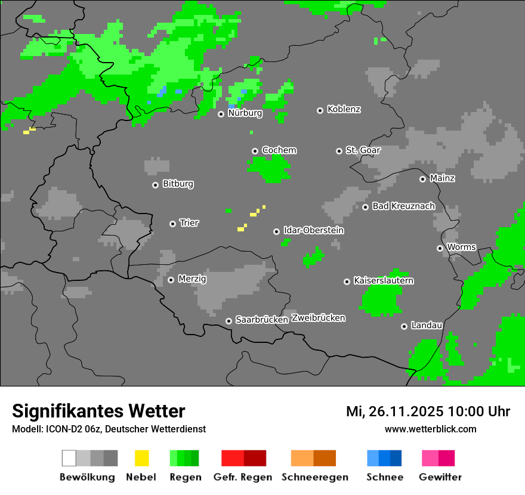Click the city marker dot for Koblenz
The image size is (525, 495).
coord(320,110)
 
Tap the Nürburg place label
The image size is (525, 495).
coord(245,113)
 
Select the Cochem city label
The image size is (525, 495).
coord(279,150)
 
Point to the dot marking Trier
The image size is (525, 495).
coord(172,224)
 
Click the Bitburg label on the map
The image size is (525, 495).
coord(178,184)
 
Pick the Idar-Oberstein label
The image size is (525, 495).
coord(314,230)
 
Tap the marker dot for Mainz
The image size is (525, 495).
coord(422,179)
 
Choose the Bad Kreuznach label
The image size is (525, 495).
coord(403,206)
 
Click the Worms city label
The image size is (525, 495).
coord(461,247)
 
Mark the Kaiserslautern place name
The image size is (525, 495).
coord(384,280)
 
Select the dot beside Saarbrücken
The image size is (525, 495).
coord(228,321)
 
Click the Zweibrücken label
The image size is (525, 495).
coord(318,318)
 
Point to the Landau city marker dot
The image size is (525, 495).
coord(404,326)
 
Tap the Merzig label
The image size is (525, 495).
coord(192,279)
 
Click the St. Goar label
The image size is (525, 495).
coord(363,150)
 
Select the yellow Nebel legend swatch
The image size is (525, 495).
coord(141,458)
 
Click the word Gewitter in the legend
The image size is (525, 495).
coord(440,477)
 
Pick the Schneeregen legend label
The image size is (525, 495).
coord(315,477)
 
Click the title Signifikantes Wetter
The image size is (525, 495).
coord(98,411)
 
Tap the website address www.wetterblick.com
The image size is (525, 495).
coord(430,429)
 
